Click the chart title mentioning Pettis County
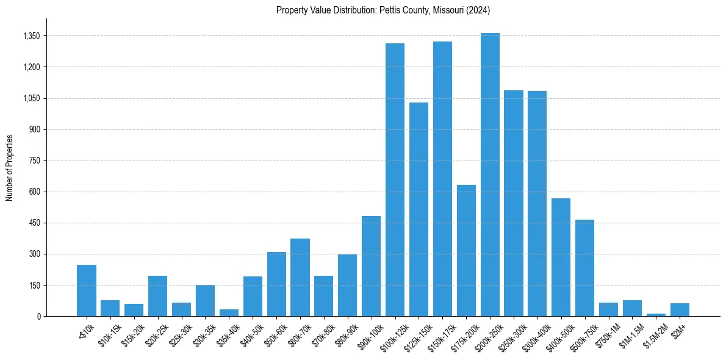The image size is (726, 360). pos(383,10)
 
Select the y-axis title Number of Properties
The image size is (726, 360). pos(10,168)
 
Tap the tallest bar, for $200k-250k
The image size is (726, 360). pos(490,175)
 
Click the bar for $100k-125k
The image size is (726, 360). pos(395,180)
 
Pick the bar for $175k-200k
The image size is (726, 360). pos(466,251)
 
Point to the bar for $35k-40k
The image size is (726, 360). pos(229,313)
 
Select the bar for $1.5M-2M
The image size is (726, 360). pos(656,315)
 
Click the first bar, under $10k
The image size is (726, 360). pos(87,290)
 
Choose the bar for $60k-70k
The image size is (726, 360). pos(300,278)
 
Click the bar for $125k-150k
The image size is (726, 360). pos(419,209)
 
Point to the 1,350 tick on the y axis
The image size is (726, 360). pos(31,36)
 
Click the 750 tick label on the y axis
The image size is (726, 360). pos(34,160)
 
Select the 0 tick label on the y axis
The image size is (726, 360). pos(38,316)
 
